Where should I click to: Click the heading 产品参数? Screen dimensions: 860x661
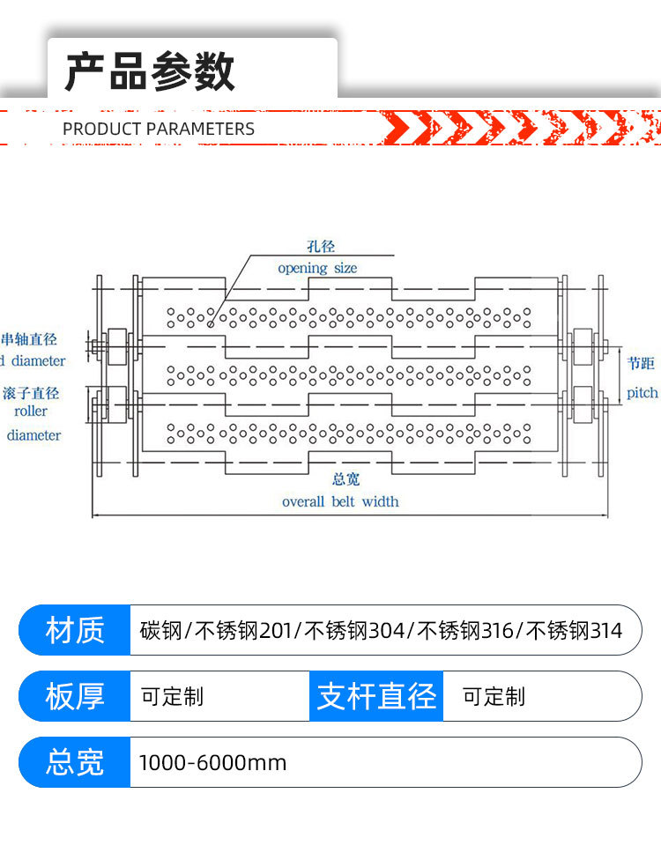pos(150,71)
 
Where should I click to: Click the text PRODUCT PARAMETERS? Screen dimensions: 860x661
pos(159,129)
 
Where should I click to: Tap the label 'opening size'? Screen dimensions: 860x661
pos(317,268)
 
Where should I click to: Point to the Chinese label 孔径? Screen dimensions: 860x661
pos(320,248)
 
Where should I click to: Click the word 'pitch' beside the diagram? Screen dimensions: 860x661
pos(642,393)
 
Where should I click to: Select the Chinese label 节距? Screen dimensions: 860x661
pos(642,363)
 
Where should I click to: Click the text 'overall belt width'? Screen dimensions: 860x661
pos(340,501)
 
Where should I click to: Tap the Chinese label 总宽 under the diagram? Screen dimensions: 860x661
pos(345,480)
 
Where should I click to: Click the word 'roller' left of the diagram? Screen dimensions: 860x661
pos(31,411)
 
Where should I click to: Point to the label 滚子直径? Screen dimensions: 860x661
pos(31,393)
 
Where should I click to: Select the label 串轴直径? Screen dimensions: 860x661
pos(29,339)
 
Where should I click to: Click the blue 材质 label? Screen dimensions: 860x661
pos(75,631)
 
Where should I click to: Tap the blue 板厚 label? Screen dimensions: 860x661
pos(75,697)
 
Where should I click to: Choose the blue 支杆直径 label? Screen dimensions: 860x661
pos(376,697)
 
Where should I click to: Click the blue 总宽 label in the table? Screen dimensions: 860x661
pos(75,762)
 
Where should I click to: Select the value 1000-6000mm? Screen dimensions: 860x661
pos(212,763)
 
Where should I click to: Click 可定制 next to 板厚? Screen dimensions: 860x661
pos(173,697)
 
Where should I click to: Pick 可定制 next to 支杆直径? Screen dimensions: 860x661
pos(494,697)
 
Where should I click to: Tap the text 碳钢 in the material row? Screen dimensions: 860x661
pos(160,631)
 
